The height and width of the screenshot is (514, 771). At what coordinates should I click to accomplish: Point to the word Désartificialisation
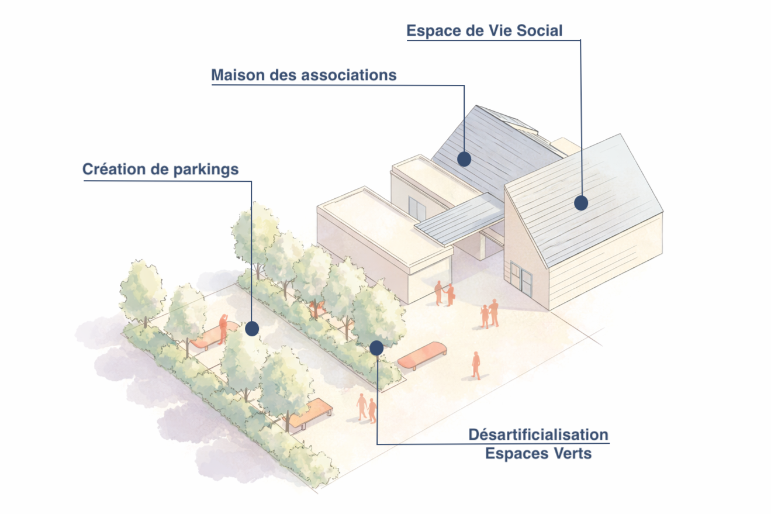[x=538, y=435]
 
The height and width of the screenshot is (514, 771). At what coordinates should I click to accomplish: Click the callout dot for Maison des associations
[x=464, y=158]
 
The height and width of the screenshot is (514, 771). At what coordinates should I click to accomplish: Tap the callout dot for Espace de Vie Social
[x=580, y=203]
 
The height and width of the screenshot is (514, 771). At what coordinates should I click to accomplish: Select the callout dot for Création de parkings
[x=252, y=329]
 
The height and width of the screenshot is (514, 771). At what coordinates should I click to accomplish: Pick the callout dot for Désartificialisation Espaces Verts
[x=376, y=348]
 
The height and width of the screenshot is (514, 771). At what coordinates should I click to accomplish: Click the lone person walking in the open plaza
[x=476, y=365]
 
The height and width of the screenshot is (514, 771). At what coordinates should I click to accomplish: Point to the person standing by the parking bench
[x=223, y=329]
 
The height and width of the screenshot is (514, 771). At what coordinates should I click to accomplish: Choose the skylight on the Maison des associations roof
[x=514, y=120]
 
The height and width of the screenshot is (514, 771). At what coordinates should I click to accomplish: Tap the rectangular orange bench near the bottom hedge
[x=310, y=412]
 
